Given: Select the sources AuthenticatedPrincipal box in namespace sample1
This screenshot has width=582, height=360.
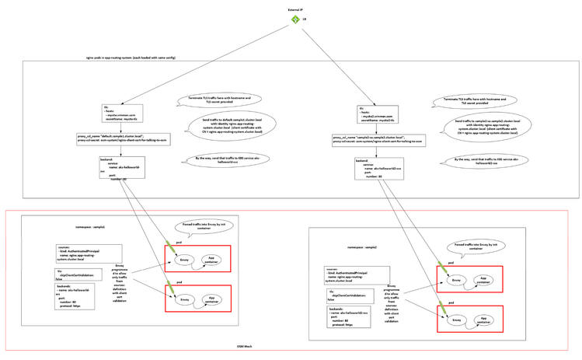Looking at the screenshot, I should click(88, 253).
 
